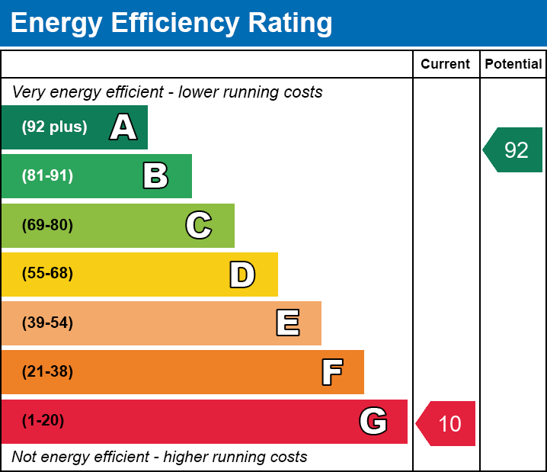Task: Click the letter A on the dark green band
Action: click(123, 127)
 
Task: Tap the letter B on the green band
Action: click(155, 175)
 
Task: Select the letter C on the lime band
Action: click(199, 225)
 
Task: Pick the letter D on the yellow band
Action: click(242, 275)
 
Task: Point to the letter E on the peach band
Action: click(288, 323)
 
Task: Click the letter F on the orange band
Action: click(332, 372)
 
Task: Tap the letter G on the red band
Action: click(373, 421)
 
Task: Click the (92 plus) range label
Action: click(54, 127)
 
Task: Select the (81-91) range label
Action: click(47, 175)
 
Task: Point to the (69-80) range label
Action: click(47, 225)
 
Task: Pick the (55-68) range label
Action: click(47, 273)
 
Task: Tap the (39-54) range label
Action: click(47, 323)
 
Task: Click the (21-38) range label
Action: click(47, 372)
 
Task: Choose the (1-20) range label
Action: click(43, 421)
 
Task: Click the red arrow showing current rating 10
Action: click(446, 423)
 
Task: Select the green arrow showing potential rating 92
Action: click(513, 149)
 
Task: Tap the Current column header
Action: click(445, 64)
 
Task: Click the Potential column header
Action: click(513, 64)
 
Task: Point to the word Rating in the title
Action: click(290, 23)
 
